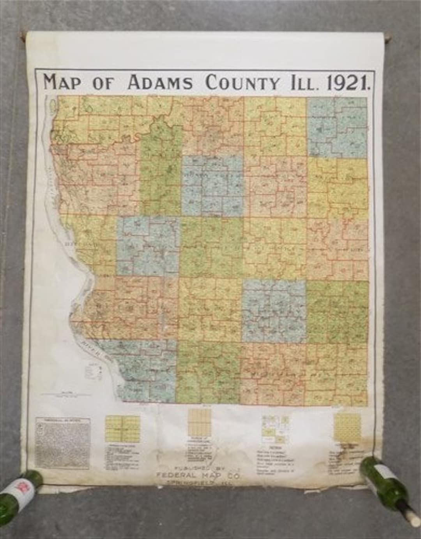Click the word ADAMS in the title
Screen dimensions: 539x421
pos(160,83)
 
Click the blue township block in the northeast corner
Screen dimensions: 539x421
pos(337,126)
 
